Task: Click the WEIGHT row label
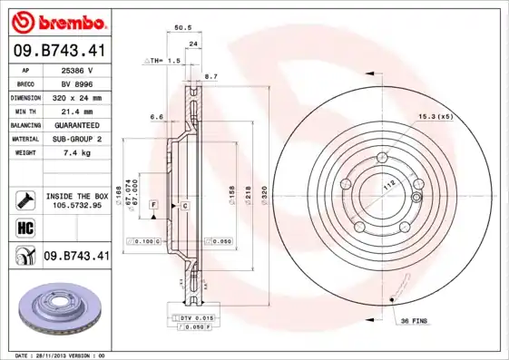click(x=24, y=152)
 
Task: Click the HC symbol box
click(x=24, y=228)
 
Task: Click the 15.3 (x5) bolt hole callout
click(x=435, y=116)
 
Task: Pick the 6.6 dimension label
click(x=155, y=116)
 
